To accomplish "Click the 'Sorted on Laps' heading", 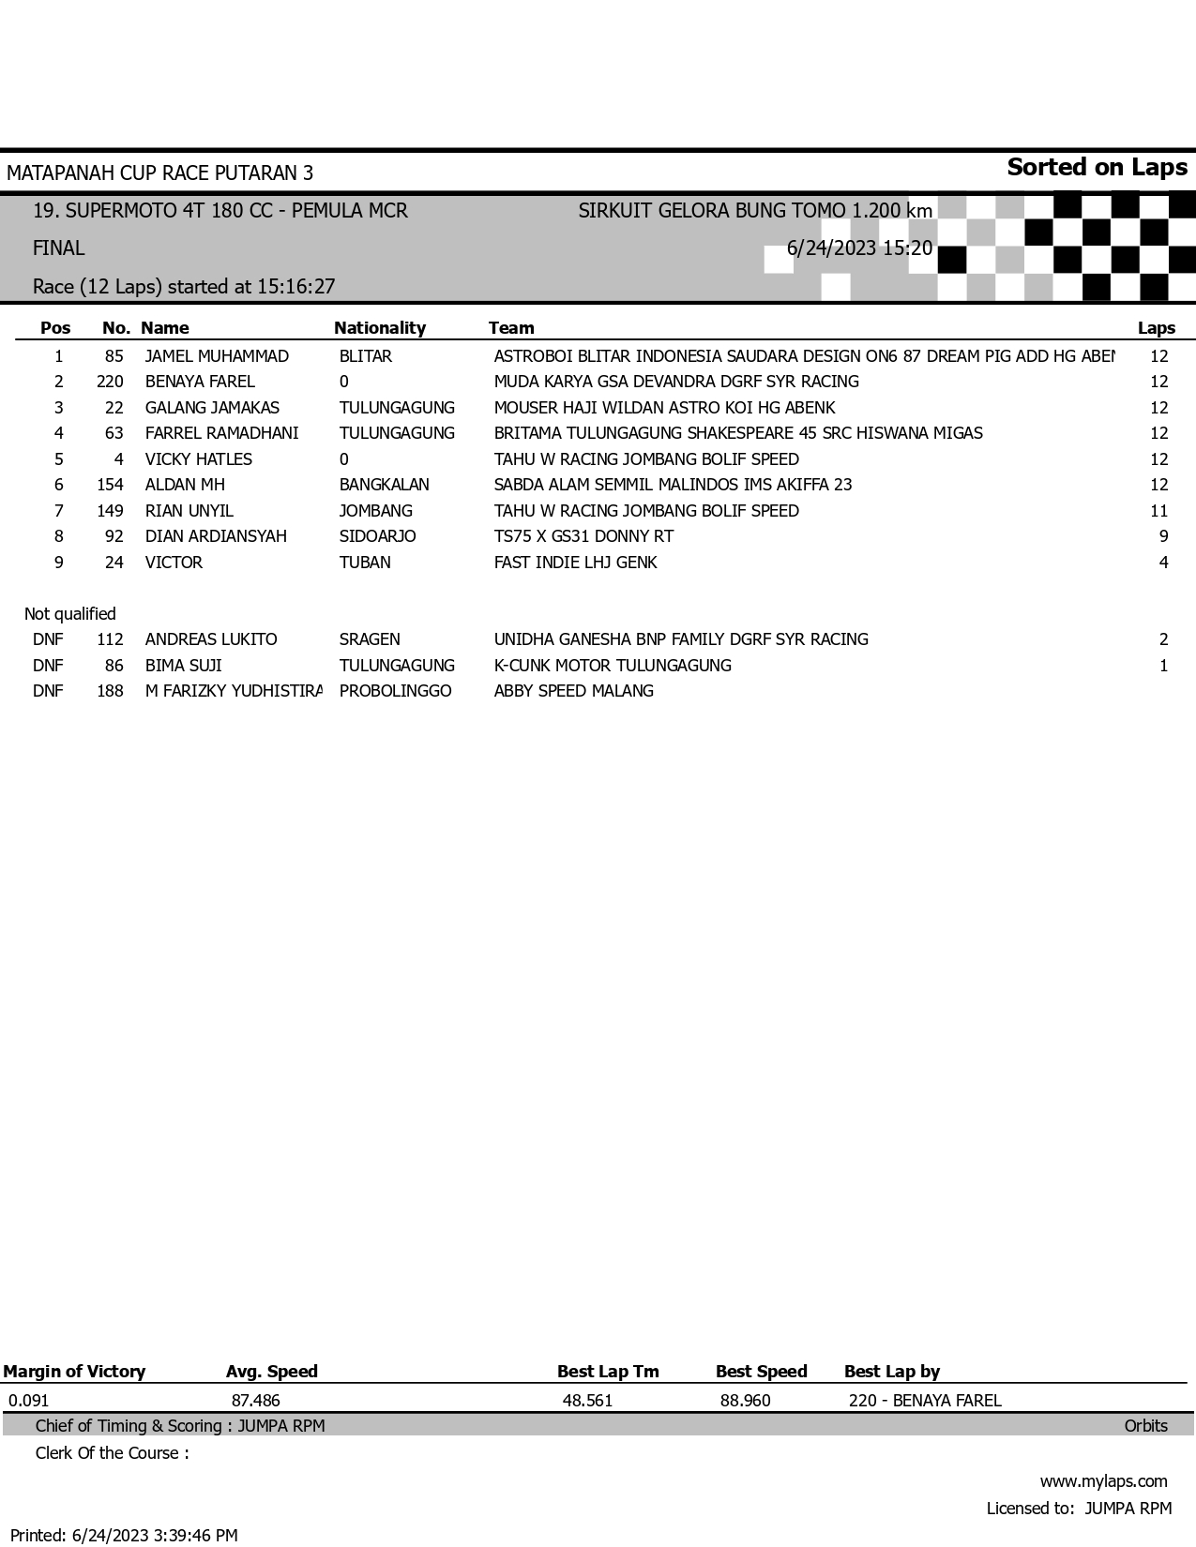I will click(1097, 168).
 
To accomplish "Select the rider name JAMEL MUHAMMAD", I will click(217, 356).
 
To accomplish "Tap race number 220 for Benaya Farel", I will click(110, 382).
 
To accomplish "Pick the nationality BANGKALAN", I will click(384, 485).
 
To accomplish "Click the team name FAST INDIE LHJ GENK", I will click(575, 563).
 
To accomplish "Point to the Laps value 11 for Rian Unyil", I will click(1158, 511).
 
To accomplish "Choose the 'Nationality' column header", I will click(379, 328).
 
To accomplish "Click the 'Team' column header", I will click(511, 328).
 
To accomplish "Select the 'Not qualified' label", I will click(70, 614).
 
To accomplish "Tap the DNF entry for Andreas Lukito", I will click(48, 639).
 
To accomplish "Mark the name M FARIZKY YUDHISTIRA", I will click(233, 691).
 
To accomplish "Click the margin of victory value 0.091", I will click(28, 1401).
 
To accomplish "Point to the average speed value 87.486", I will click(255, 1401).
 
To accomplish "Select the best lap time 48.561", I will click(587, 1401).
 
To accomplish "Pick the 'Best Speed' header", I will click(761, 1372).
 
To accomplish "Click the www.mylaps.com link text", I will click(1103, 1481).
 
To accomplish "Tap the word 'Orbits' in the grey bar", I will click(1145, 1426).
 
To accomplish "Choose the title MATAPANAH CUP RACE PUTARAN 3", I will click(159, 173).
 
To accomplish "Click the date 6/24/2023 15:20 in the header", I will click(859, 248).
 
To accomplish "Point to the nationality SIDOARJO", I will click(377, 536).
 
